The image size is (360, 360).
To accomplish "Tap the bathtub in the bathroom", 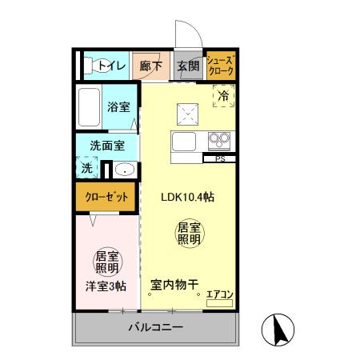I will coord(90,106).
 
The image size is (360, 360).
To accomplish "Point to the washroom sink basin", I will coord(123,169).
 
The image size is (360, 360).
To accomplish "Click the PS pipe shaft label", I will coord(218,159).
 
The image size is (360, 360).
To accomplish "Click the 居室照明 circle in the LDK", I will coord(189,234).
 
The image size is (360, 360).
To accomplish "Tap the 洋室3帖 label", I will coord(106,286).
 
